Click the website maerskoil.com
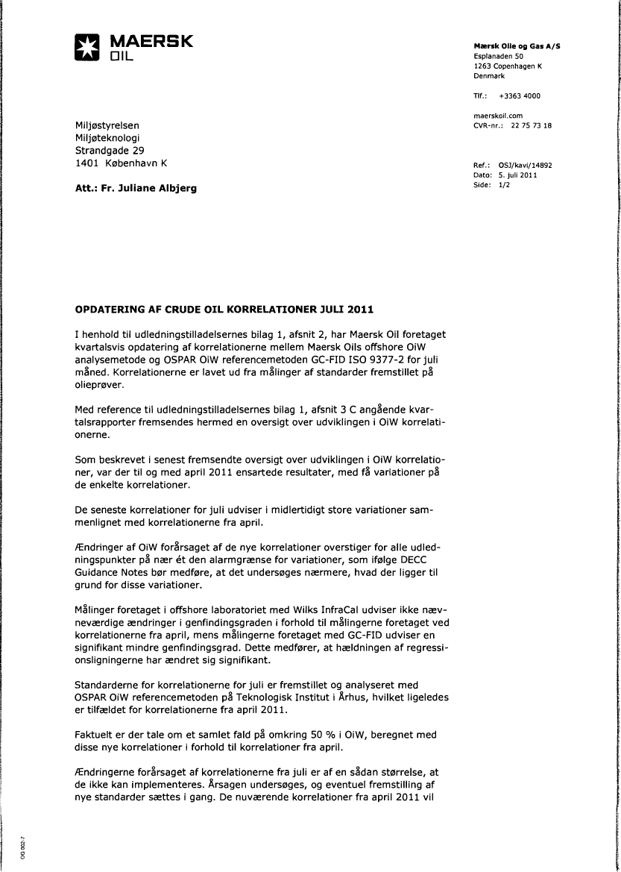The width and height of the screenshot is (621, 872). pos(498,116)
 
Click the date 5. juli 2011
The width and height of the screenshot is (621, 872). pos(517,175)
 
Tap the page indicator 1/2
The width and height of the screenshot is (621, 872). pos(504,185)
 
